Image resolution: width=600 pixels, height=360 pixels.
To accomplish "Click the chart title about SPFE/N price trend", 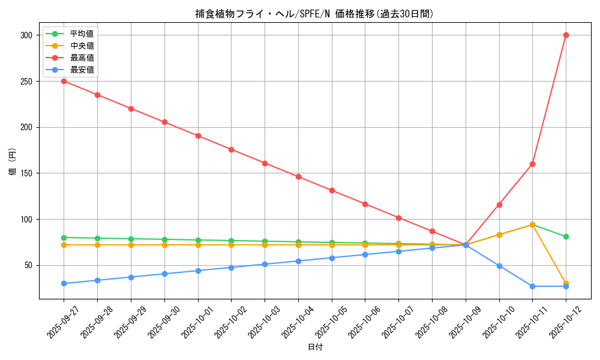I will coord(314,14).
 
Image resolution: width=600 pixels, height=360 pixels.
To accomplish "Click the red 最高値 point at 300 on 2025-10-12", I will coord(566,35).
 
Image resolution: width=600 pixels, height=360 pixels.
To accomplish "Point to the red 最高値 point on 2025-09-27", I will coord(64,81).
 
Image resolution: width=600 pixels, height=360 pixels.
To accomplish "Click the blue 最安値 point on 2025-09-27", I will coord(64,283).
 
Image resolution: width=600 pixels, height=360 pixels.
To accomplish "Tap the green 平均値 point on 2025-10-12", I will coord(566,236).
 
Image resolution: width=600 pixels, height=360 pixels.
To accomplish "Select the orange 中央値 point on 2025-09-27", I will coord(64,245).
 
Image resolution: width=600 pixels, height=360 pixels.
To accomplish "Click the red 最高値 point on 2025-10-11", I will coord(532,164).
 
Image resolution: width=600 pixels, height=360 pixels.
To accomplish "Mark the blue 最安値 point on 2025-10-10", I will coord(499,266).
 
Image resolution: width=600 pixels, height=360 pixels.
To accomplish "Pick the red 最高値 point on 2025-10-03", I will coord(265,163).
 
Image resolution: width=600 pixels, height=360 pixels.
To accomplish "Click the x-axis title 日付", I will coord(314,347).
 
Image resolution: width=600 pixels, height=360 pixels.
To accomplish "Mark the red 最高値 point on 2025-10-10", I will coord(499,205).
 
